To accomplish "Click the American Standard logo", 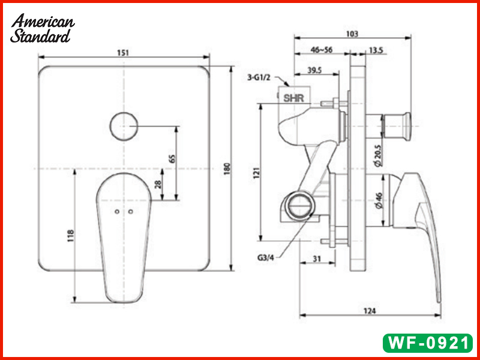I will coord(43,28).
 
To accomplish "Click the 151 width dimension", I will coord(123,53).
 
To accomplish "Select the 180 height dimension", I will coord(226,170).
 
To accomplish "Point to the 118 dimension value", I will coord(70,235).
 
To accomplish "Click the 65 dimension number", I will coord(172,159).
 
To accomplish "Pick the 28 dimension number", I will coord(158,185).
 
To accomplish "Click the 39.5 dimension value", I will coord(314,70).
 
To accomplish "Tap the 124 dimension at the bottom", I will coord(370,310).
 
